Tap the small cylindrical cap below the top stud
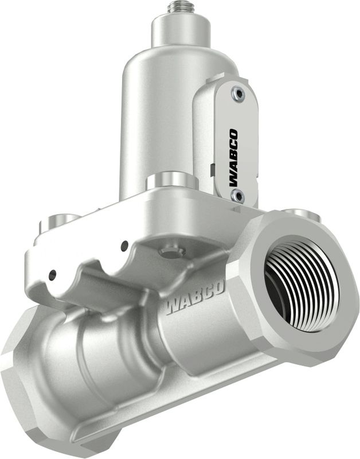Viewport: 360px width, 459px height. (x=181, y=30)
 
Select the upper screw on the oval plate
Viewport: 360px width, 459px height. (x=238, y=94)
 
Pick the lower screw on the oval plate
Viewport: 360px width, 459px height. (x=237, y=195)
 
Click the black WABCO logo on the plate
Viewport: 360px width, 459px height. (x=234, y=158)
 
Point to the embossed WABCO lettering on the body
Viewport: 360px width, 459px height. (x=195, y=297)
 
